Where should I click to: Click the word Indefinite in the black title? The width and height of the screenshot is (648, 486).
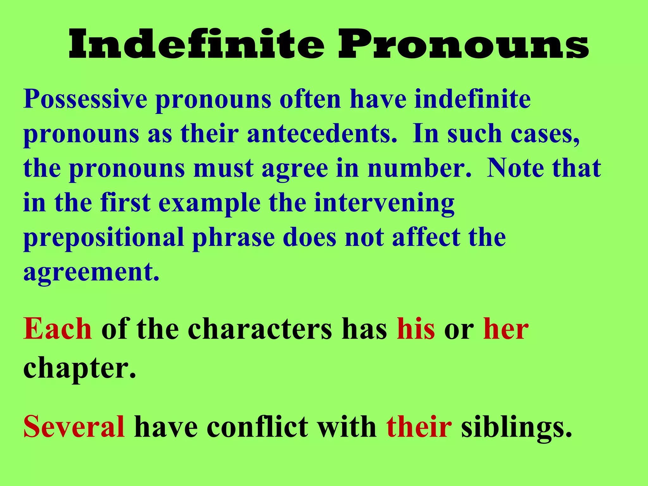coord(196,44)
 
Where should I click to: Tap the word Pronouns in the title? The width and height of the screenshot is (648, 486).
coord(464,44)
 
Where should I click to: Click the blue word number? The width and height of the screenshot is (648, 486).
coord(419,168)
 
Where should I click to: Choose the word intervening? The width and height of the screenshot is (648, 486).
coord(384,203)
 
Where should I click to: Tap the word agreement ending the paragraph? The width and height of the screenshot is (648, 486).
coord(91,273)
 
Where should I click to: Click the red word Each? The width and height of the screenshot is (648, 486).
coord(58,329)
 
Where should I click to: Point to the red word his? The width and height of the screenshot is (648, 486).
coord(416,329)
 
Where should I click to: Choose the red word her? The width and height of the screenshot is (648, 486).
coord(506,329)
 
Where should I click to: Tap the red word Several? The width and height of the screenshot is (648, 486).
coord(74,427)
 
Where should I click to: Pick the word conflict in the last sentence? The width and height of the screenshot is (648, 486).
coord(258,427)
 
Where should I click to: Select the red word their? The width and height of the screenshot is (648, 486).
coord(419,427)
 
